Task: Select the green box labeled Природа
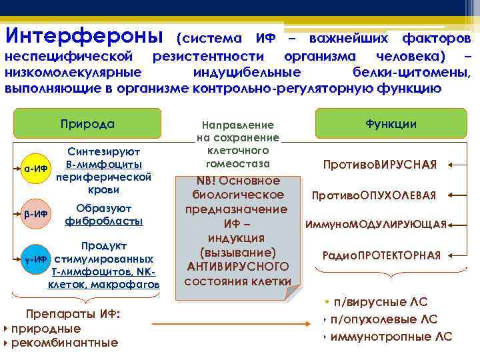click(x=87, y=124)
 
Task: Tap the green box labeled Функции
click(x=391, y=124)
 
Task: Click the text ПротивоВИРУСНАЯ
click(x=380, y=165)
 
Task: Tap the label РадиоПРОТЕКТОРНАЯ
click(x=381, y=255)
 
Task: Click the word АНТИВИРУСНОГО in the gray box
click(x=238, y=267)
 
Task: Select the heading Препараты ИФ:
click(x=72, y=314)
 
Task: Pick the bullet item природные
click(x=45, y=329)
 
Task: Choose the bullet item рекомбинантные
click(x=64, y=343)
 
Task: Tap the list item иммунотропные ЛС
click(x=391, y=337)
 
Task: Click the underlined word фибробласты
click(x=103, y=220)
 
